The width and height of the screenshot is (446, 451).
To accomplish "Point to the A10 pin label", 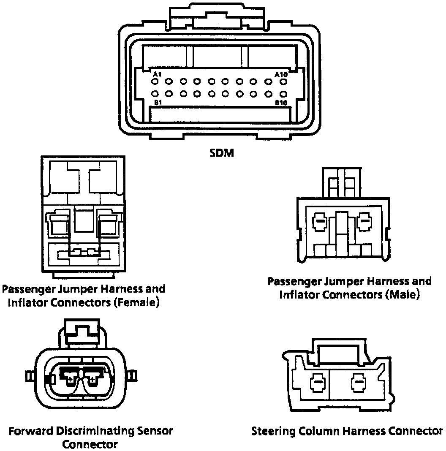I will pyautogui.click(x=281, y=74).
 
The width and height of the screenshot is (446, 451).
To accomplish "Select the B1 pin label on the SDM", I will pyautogui.click(x=158, y=103).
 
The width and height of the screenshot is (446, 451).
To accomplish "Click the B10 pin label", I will pyautogui.click(x=281, y=103).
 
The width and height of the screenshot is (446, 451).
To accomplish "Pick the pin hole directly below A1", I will pyautogui.click(x=155, y=82).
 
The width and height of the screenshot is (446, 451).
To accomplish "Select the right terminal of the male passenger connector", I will pyautogui.click(x=363, y=220).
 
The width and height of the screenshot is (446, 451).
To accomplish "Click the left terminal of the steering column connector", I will pyautogui.click(x=317, y=383).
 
